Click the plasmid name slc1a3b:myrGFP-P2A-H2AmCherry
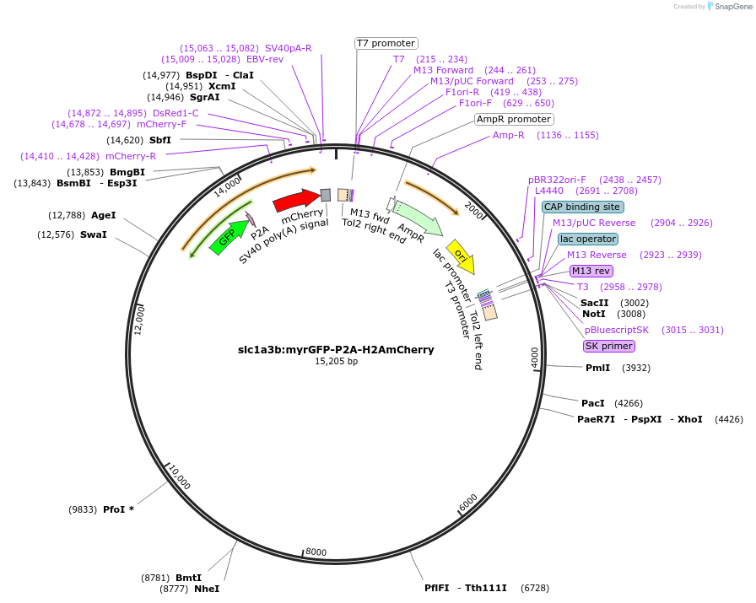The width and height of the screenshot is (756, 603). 336,349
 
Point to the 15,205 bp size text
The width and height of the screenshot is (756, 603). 336,361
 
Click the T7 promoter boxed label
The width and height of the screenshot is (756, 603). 386,43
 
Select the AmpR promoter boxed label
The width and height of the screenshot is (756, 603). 514,120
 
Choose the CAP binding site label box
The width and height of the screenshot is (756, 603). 583,207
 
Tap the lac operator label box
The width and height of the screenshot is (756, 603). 587,239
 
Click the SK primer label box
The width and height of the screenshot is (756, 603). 608,346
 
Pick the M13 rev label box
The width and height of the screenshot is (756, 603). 591,271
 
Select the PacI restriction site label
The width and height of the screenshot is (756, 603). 593,403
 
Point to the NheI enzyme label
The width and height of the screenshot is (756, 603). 207,589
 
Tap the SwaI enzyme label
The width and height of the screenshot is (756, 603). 93,234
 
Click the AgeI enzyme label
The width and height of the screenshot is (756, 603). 103,215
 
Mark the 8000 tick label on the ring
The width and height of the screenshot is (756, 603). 316,552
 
